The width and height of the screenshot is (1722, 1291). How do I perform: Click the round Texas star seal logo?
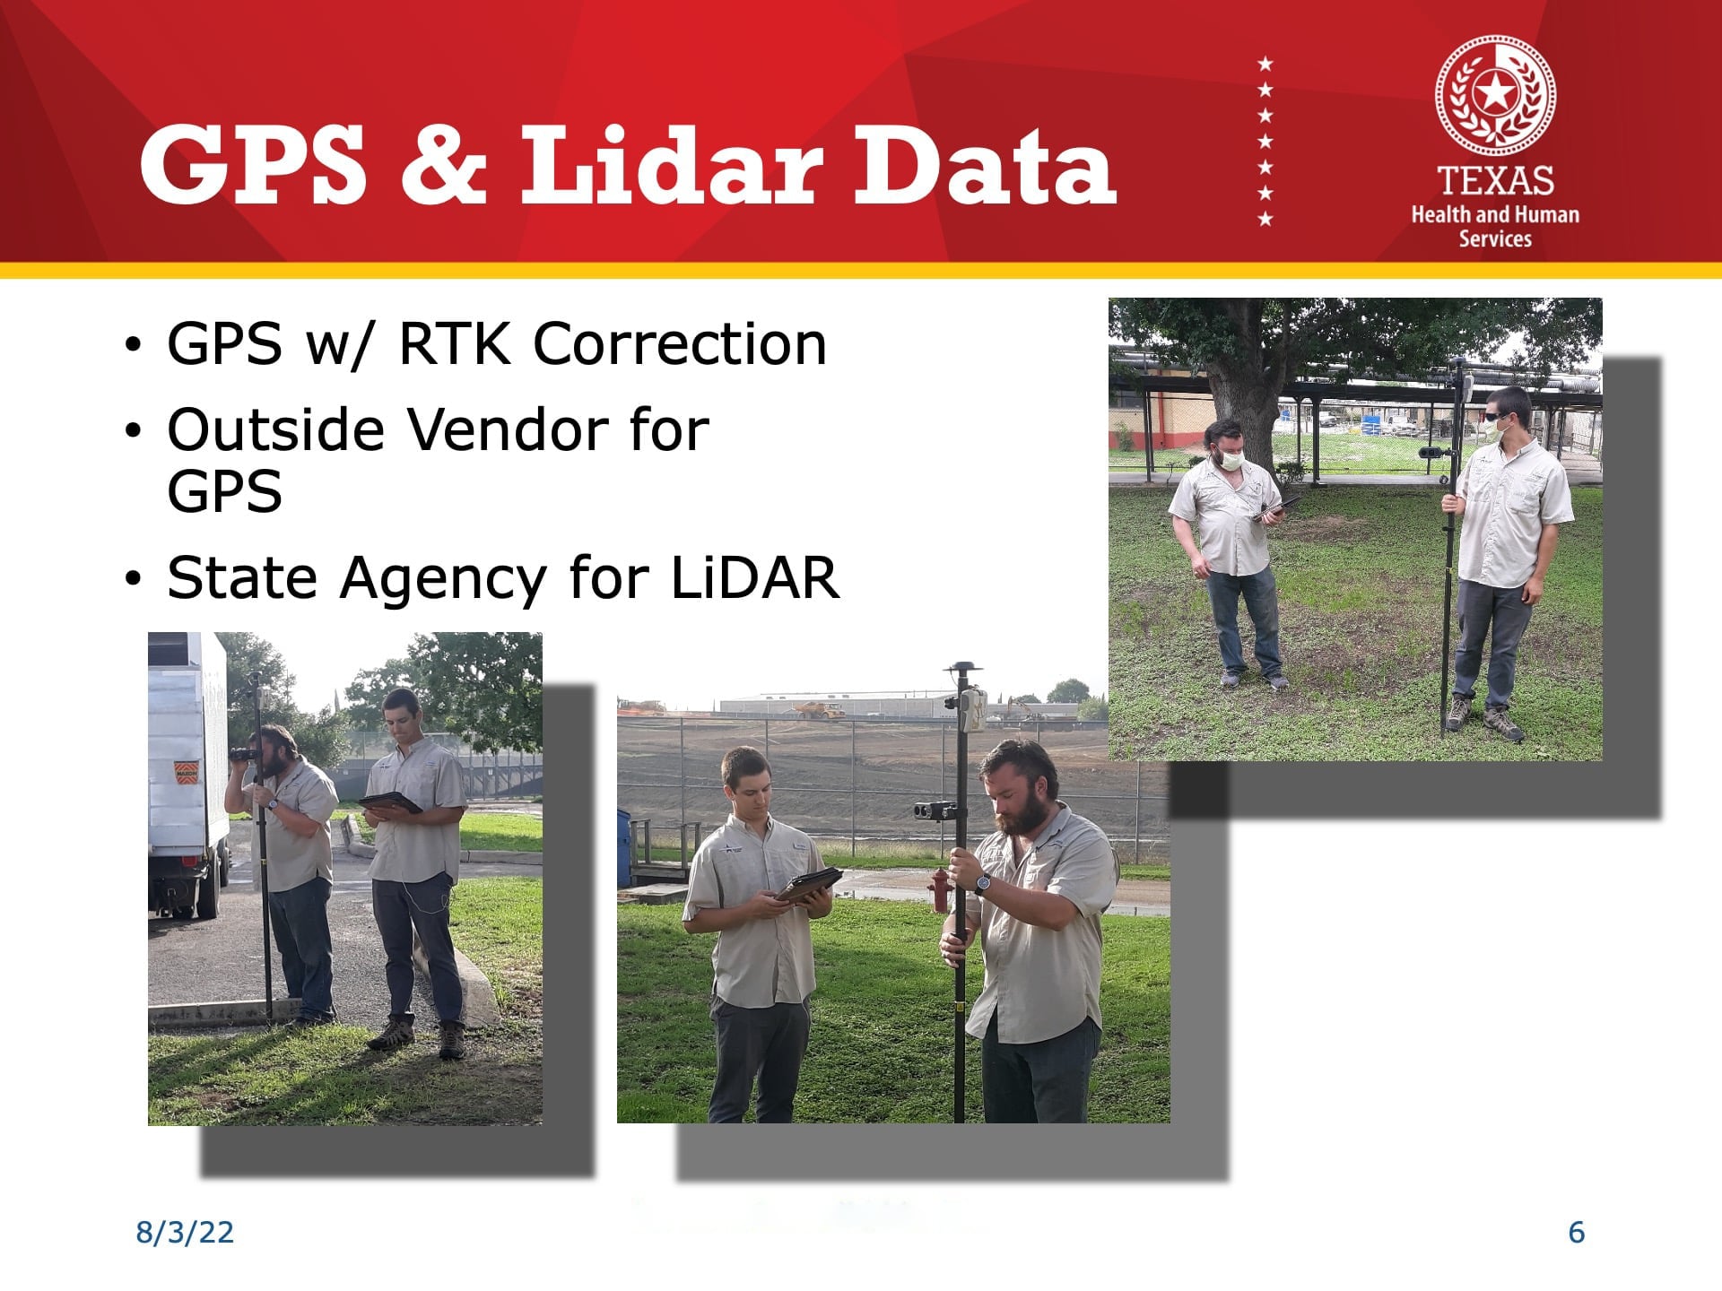(1495, 96)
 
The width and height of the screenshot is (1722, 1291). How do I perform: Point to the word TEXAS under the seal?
(1495, 181)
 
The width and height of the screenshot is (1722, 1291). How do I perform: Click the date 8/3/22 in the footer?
(185, 1233)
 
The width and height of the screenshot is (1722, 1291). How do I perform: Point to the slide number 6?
(1577, 1233)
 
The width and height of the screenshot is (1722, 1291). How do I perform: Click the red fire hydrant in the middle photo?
(939, 889)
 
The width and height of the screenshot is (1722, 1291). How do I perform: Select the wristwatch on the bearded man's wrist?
(983, 885)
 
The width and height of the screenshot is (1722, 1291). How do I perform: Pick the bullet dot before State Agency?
(134, 579)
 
